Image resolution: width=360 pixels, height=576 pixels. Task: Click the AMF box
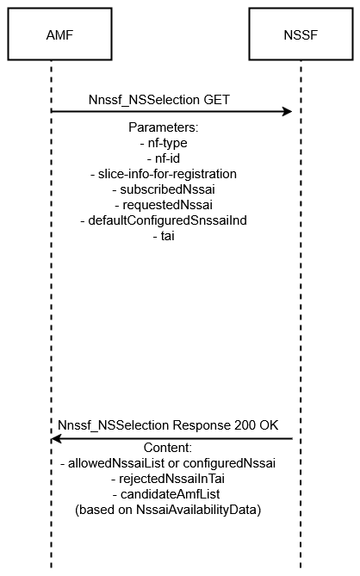[59, 34]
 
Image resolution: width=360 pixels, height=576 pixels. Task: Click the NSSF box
[301, 34]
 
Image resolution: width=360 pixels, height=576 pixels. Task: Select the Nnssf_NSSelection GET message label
[159, 100]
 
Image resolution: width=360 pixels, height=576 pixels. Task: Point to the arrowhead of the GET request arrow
[288, 111]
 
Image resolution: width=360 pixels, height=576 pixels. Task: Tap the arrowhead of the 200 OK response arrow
[56, 438]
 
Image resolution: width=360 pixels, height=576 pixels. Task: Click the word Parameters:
[164, 127]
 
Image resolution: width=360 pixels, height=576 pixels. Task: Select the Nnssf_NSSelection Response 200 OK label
[168, 425]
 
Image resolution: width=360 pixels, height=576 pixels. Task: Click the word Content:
[168, 448]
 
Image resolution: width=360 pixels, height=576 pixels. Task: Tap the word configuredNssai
[229, 463]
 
